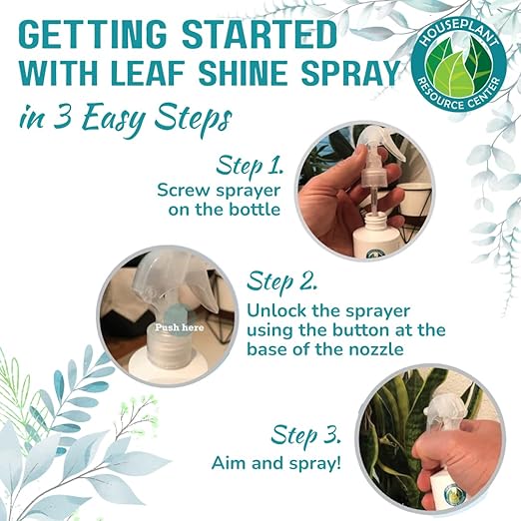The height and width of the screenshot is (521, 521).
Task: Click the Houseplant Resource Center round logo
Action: [458, 65]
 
